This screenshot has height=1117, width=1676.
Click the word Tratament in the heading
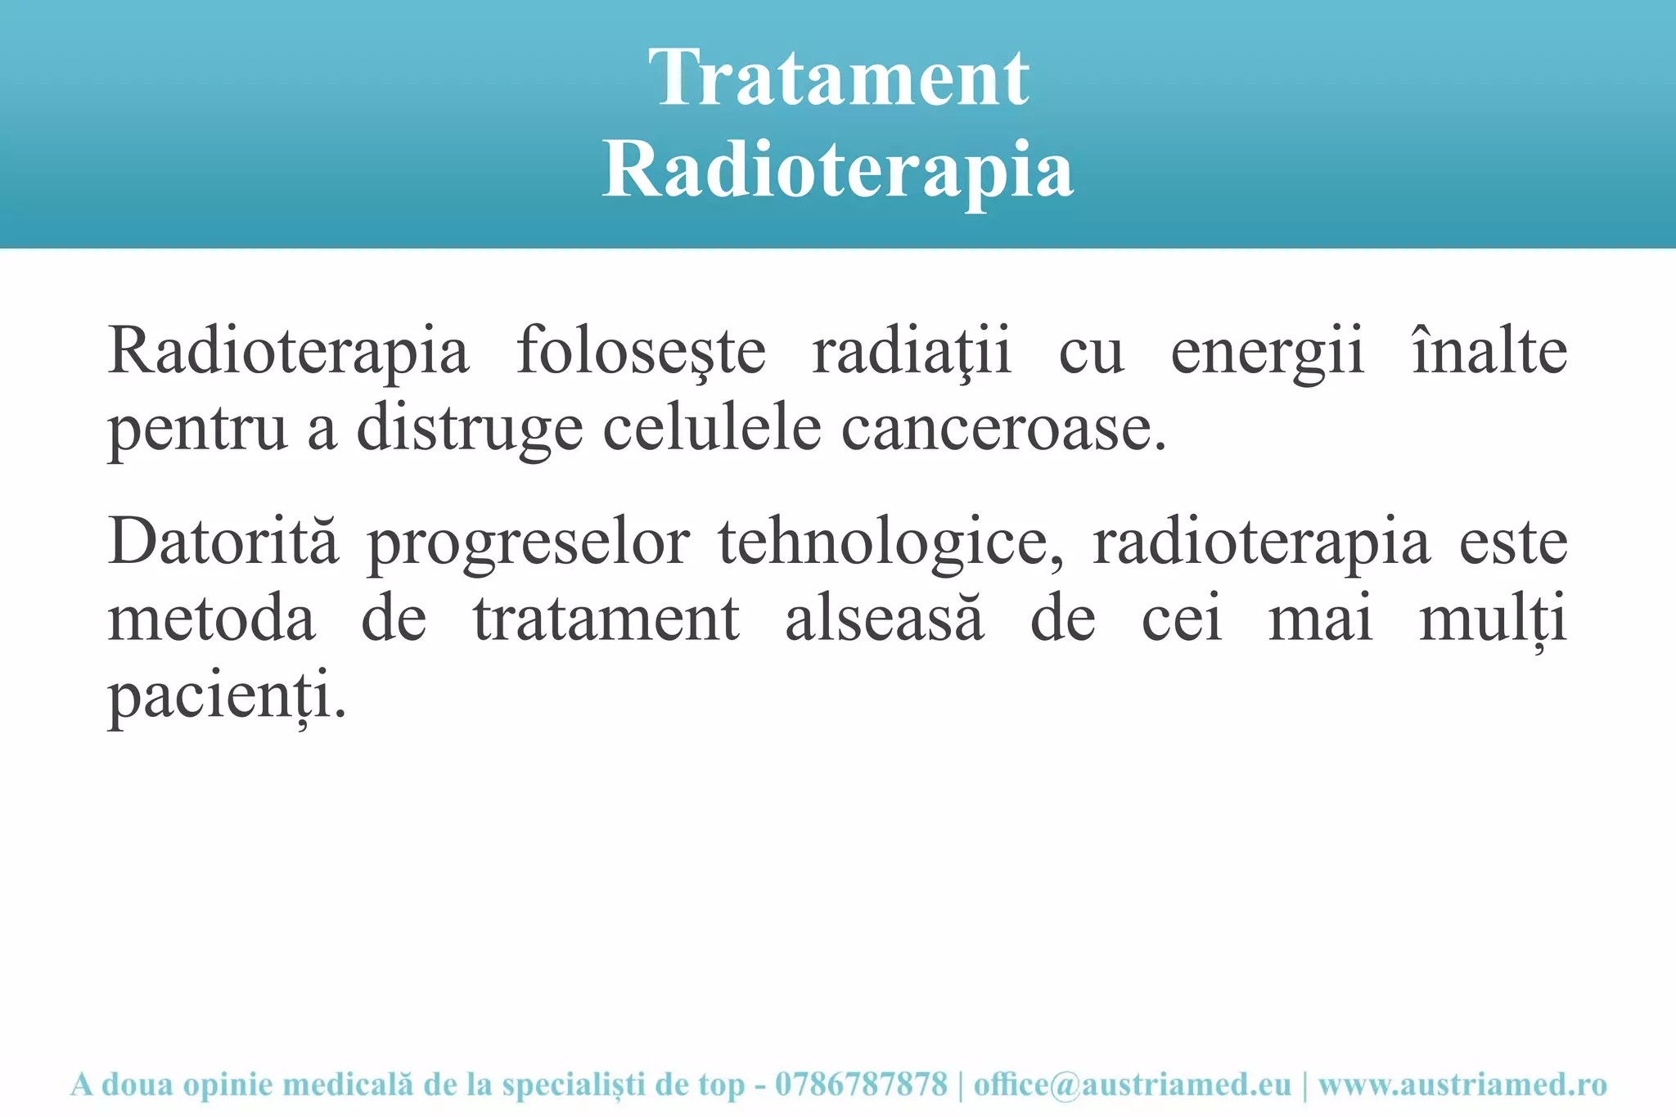tap(838, 78)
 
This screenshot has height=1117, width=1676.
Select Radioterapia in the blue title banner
tap(838, 170)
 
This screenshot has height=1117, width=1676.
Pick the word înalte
tap(1489, 350)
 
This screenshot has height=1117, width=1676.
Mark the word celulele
tap(712, 427)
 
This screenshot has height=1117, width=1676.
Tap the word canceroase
tap(1002, 429)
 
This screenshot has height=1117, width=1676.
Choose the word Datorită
tap(223, 542)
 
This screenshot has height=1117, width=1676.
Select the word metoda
tap(211, 619)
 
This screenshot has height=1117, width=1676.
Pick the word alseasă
tap(884, 619)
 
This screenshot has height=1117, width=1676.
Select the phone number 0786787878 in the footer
tap(861, 1084)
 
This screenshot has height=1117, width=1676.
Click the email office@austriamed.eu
tap(1132, 1084)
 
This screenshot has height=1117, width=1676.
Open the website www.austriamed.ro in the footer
tap(1462, 1084)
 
